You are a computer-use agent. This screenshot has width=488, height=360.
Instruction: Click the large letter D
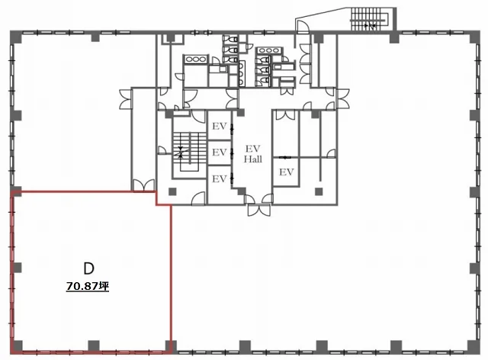(x=88, y=268)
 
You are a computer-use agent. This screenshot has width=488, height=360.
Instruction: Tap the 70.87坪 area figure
(x=88, y=286)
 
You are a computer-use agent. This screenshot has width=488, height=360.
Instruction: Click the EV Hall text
(x=252, y=154)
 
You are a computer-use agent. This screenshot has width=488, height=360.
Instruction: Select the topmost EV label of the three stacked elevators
(x=220, y=126)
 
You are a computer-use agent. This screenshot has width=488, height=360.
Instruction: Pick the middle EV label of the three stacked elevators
(x=220, y=153)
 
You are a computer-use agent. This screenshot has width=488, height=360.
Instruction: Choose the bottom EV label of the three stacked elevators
(x=220, y=178)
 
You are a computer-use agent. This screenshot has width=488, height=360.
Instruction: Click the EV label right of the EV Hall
(x=287, y=172)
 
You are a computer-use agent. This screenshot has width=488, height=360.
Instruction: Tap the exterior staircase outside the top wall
(x=369, y=19)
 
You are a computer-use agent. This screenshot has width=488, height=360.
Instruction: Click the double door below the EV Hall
(x=259, y=211)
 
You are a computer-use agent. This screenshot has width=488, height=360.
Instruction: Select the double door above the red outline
(x=143, y=185)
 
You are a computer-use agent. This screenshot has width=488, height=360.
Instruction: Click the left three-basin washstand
(x=195, y=59)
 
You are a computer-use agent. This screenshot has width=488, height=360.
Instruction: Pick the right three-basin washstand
(x=269, y=50)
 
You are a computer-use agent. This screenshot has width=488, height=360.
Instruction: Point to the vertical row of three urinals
(x=241, y=73)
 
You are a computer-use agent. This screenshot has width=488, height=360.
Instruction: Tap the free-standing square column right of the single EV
(x=318, y=191)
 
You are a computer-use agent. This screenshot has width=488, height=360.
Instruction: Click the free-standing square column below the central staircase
(x=172, y=191)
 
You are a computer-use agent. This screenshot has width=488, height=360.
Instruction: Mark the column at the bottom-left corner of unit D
(x=17, y=346)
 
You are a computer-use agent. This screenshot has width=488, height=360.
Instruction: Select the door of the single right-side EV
(x=284, y=158)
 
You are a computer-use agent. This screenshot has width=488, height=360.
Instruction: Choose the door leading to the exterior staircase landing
(x=303, y=27)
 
